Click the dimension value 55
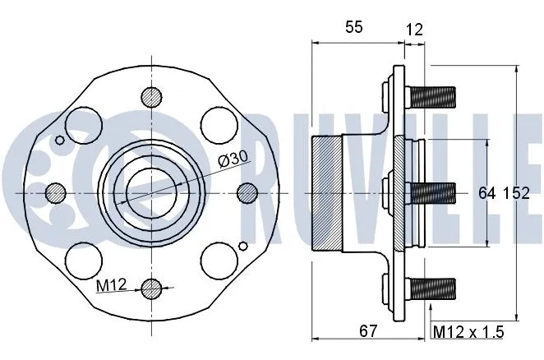point(353,27)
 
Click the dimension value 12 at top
point(414,30)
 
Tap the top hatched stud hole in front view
point(151,96)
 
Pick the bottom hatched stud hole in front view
point(151,288)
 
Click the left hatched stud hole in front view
point(56,192)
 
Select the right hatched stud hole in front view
point(247,192)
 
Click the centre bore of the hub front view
point(150,192)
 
